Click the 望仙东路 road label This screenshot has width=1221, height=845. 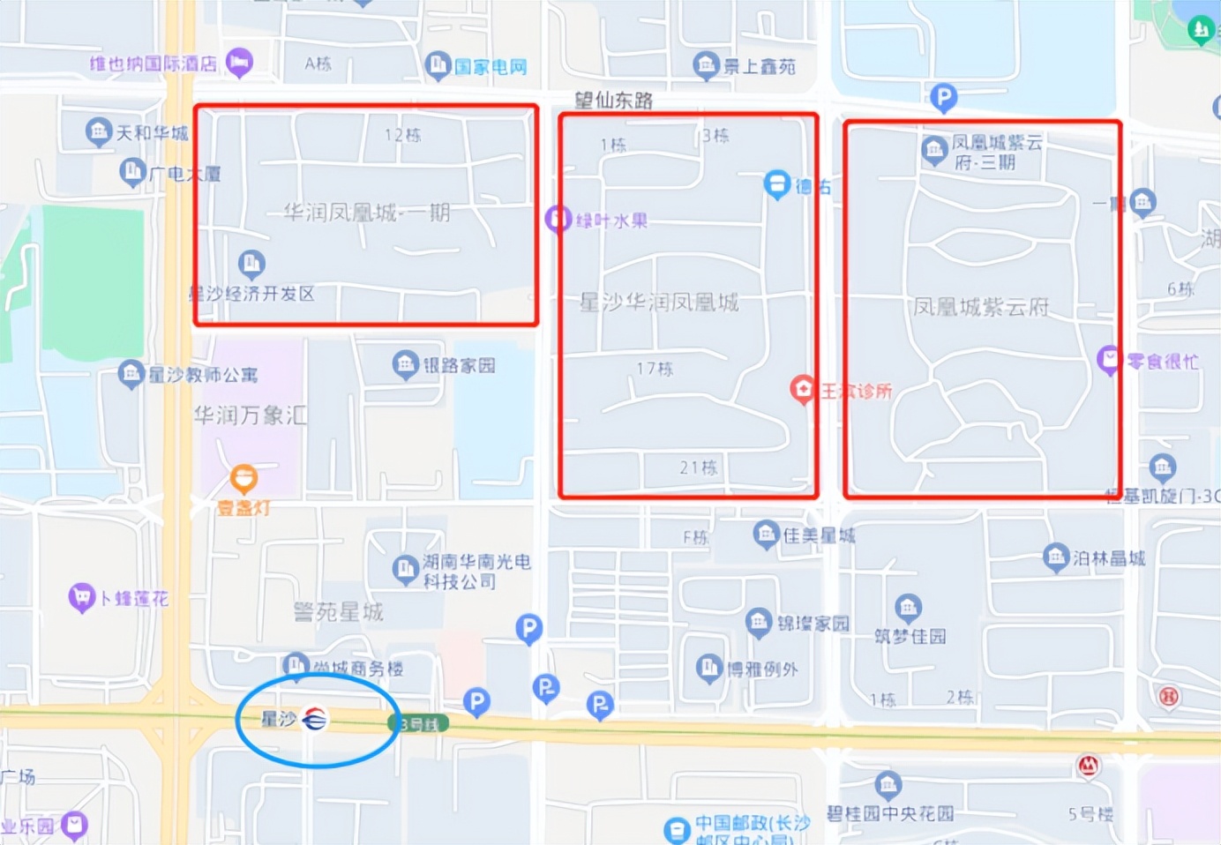point(614,101)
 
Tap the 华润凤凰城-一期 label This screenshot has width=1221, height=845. point(367,213)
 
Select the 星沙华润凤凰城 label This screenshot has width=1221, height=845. point(659,303)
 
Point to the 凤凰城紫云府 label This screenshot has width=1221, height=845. point(981,307)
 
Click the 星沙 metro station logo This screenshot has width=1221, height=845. point(314,720)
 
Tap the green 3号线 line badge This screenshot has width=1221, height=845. point(419,724)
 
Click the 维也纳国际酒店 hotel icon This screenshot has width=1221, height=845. point(239,63)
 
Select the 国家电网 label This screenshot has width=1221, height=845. point(491,67)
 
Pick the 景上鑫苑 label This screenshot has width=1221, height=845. point(760,66)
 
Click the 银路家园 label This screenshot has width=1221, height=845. point(459,365)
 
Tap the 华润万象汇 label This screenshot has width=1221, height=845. point(251,415)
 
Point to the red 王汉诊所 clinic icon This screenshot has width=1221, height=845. point(802,389)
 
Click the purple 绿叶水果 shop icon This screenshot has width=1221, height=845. point(558,219)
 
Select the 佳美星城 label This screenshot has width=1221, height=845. point(819,535)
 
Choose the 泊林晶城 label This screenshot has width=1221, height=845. point(1109,557)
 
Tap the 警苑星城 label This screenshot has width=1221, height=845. point(338,611)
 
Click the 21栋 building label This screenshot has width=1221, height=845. point(698,467)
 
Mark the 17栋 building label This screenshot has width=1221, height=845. point(655,369)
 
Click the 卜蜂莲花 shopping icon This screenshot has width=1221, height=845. point(81,598)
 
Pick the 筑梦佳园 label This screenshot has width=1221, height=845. point(910,636)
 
